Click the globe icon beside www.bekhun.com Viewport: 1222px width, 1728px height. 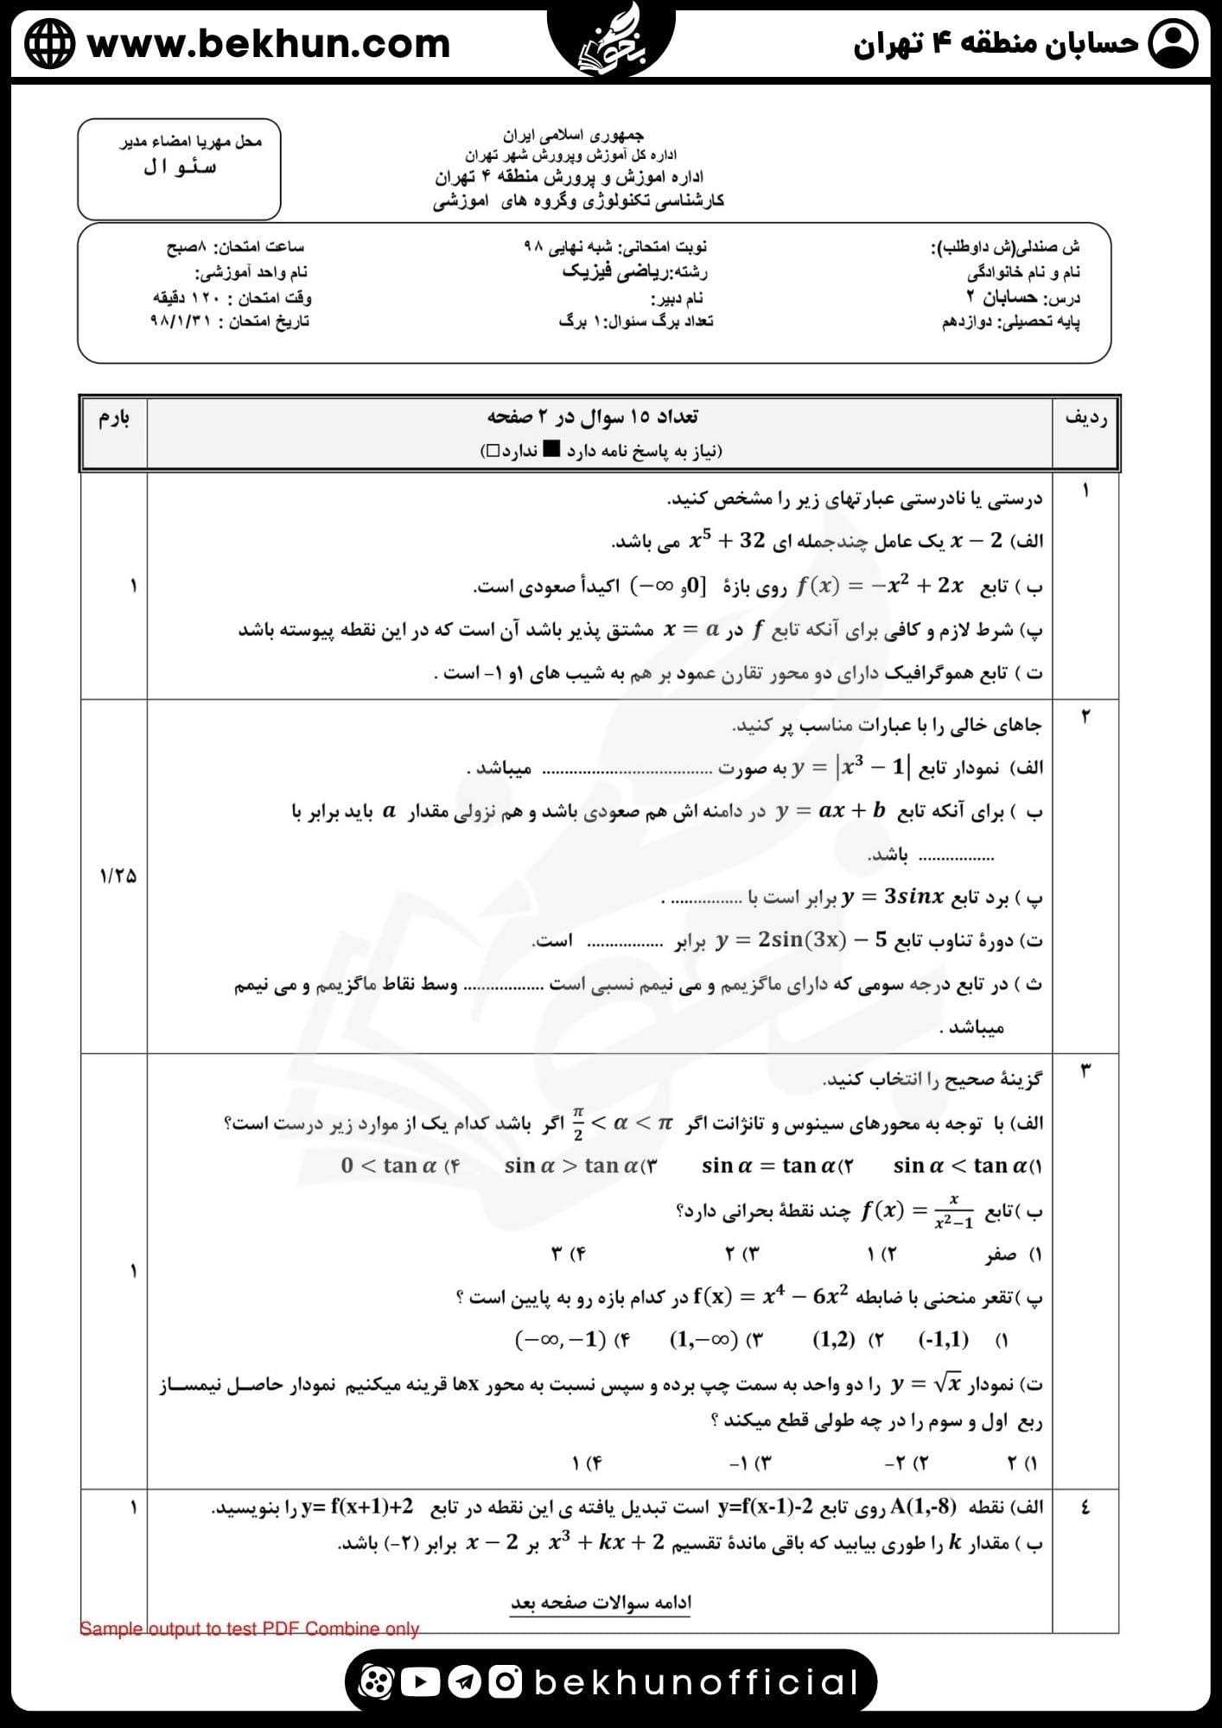(x=49, y=43)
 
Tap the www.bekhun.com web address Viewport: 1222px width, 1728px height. (x=269, y=43)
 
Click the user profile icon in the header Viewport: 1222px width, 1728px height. (x=1173, y=43)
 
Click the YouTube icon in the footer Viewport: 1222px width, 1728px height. (x=420, y=1681)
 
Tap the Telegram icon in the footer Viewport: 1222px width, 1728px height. (x=464, y=1681)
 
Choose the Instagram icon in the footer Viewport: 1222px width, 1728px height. (x=506, y=1681)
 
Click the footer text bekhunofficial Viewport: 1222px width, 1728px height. (x=697, y=1682)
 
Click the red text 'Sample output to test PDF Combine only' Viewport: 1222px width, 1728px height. (x=249, y=1629)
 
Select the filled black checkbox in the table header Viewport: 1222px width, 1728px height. (x=551, y=450)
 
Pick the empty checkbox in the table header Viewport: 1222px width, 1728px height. (x=492, y=450)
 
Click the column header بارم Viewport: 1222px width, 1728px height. (x=114, y=419)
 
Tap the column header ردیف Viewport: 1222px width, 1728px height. (x=1085, y=419)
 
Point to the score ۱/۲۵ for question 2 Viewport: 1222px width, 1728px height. (x=118, y=875)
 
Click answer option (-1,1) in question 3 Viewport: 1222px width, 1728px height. (x=943, y=1340)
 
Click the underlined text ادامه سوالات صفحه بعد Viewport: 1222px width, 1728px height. (x=601, y=1603)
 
